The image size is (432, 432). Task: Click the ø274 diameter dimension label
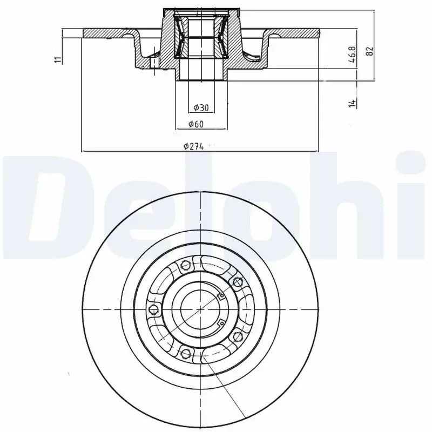pyautogui.click(x=193, y=146)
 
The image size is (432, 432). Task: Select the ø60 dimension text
pyautogui.click(x=195, y=124)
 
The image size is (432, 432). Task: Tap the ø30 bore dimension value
pyautogui.click(x=200, y=106)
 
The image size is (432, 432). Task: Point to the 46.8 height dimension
pyautogui.click(x=352, y=56)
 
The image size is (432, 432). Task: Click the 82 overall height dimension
pyautogui.click(x=369, y=51)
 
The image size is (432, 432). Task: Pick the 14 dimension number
pyautogui.click(x=352, y=102)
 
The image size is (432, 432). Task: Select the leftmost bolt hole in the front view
pyautogui.click(x=154, y=309)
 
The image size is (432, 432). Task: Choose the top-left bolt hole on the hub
pyautogui.click(x=185, y=265)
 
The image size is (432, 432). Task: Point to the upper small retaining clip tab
pyautogui.click(x=220, y=295)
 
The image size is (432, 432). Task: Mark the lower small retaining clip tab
pyautogui.click(x=220, y=323)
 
